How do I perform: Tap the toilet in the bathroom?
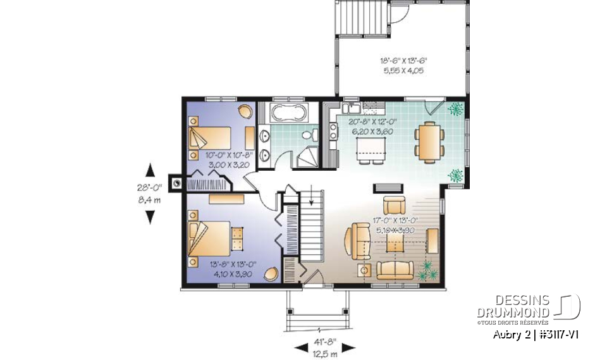click(x=309, y=135)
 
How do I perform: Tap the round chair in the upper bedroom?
click(x=244, y=111)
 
